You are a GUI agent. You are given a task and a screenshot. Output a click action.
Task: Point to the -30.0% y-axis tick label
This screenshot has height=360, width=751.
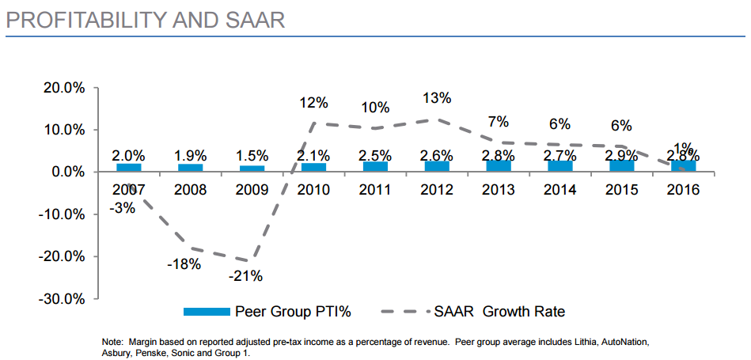click(61, 299)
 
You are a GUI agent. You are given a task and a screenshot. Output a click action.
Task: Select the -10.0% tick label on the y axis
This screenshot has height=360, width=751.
click(61, 214)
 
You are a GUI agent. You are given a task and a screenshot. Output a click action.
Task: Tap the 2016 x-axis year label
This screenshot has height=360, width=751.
click(682, 190)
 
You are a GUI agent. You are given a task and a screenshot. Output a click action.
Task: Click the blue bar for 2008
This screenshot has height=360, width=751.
click(190, 168)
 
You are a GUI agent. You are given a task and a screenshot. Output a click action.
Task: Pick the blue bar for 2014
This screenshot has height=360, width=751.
click(559, 166)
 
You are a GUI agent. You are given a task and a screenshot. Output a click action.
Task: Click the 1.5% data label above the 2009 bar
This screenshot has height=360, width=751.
click(252, 156)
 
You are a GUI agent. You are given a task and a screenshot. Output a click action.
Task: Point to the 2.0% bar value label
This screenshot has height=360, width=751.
click(128, 156)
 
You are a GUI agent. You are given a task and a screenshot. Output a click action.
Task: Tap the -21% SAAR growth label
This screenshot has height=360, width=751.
click(245, 276)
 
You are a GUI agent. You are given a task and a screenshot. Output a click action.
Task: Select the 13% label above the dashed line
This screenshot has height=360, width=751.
click(437, 98)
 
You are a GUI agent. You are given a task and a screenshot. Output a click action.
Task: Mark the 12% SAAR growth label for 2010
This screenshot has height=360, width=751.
click(313, 103)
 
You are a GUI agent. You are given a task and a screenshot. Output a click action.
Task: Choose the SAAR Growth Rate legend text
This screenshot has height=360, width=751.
click(499, 312)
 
